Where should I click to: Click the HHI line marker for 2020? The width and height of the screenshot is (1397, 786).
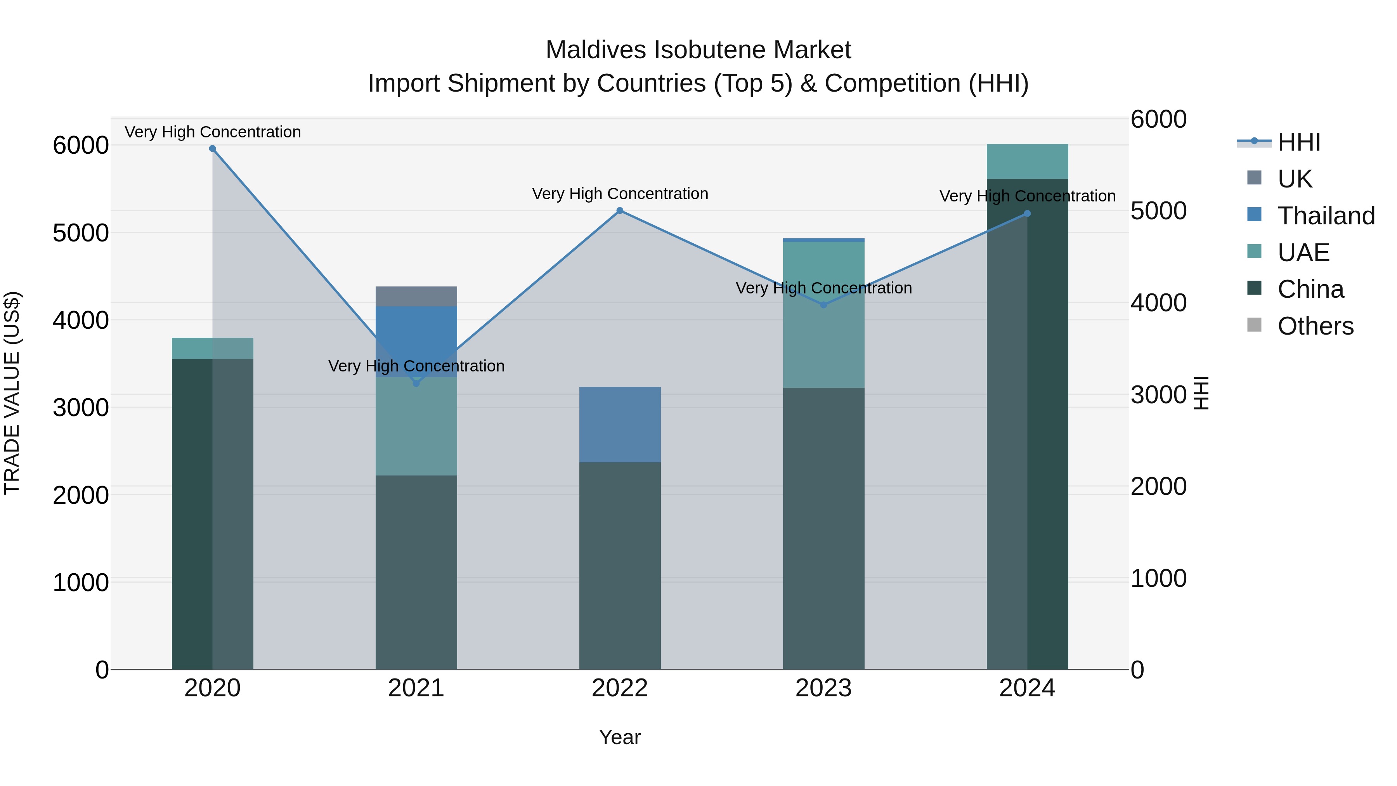pyautogui.click(x=213, y=149)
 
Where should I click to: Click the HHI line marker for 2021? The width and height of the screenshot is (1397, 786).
pyautogui.click(x=416, y=383)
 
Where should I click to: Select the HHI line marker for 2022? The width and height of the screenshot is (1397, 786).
pyautogui.click(x=620, y=210)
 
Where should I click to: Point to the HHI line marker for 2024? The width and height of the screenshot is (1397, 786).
pyautogui.click(x=1027, y=214)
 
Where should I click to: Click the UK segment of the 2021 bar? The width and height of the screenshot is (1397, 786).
pyautogui.click(x=416, y=296)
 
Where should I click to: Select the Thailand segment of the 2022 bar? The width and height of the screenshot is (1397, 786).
pyautogui.click(x=620, y=424)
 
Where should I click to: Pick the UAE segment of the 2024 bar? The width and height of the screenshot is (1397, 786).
pyautogui.click(x=1027, y=161)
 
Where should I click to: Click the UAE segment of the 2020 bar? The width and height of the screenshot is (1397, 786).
pyautogui.click(x=213, y=348)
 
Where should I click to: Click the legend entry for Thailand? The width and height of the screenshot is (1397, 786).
pyautogui.click(x=1326, y=215)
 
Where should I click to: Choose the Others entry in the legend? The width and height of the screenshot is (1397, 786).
pyautogui.click(x=1315, y=326)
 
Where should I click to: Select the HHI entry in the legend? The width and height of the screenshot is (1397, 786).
pyautogui.click(x=1298, y=142)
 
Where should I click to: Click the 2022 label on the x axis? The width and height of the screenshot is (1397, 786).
pyautogui.click(x=620, y=688)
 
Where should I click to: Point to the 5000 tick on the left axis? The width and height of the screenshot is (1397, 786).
pyautogui.click(x=81, y=233)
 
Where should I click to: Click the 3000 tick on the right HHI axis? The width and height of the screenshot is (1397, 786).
pyautogui.click(x=1158, y=395)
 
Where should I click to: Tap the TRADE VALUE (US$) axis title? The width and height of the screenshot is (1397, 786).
pyautogui.click(x=12, y=393)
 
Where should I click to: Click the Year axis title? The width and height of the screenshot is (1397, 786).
pyautogui.click(x=620, y=737)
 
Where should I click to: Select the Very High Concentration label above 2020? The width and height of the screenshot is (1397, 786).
pyautogui.click(x=213, y=132)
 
